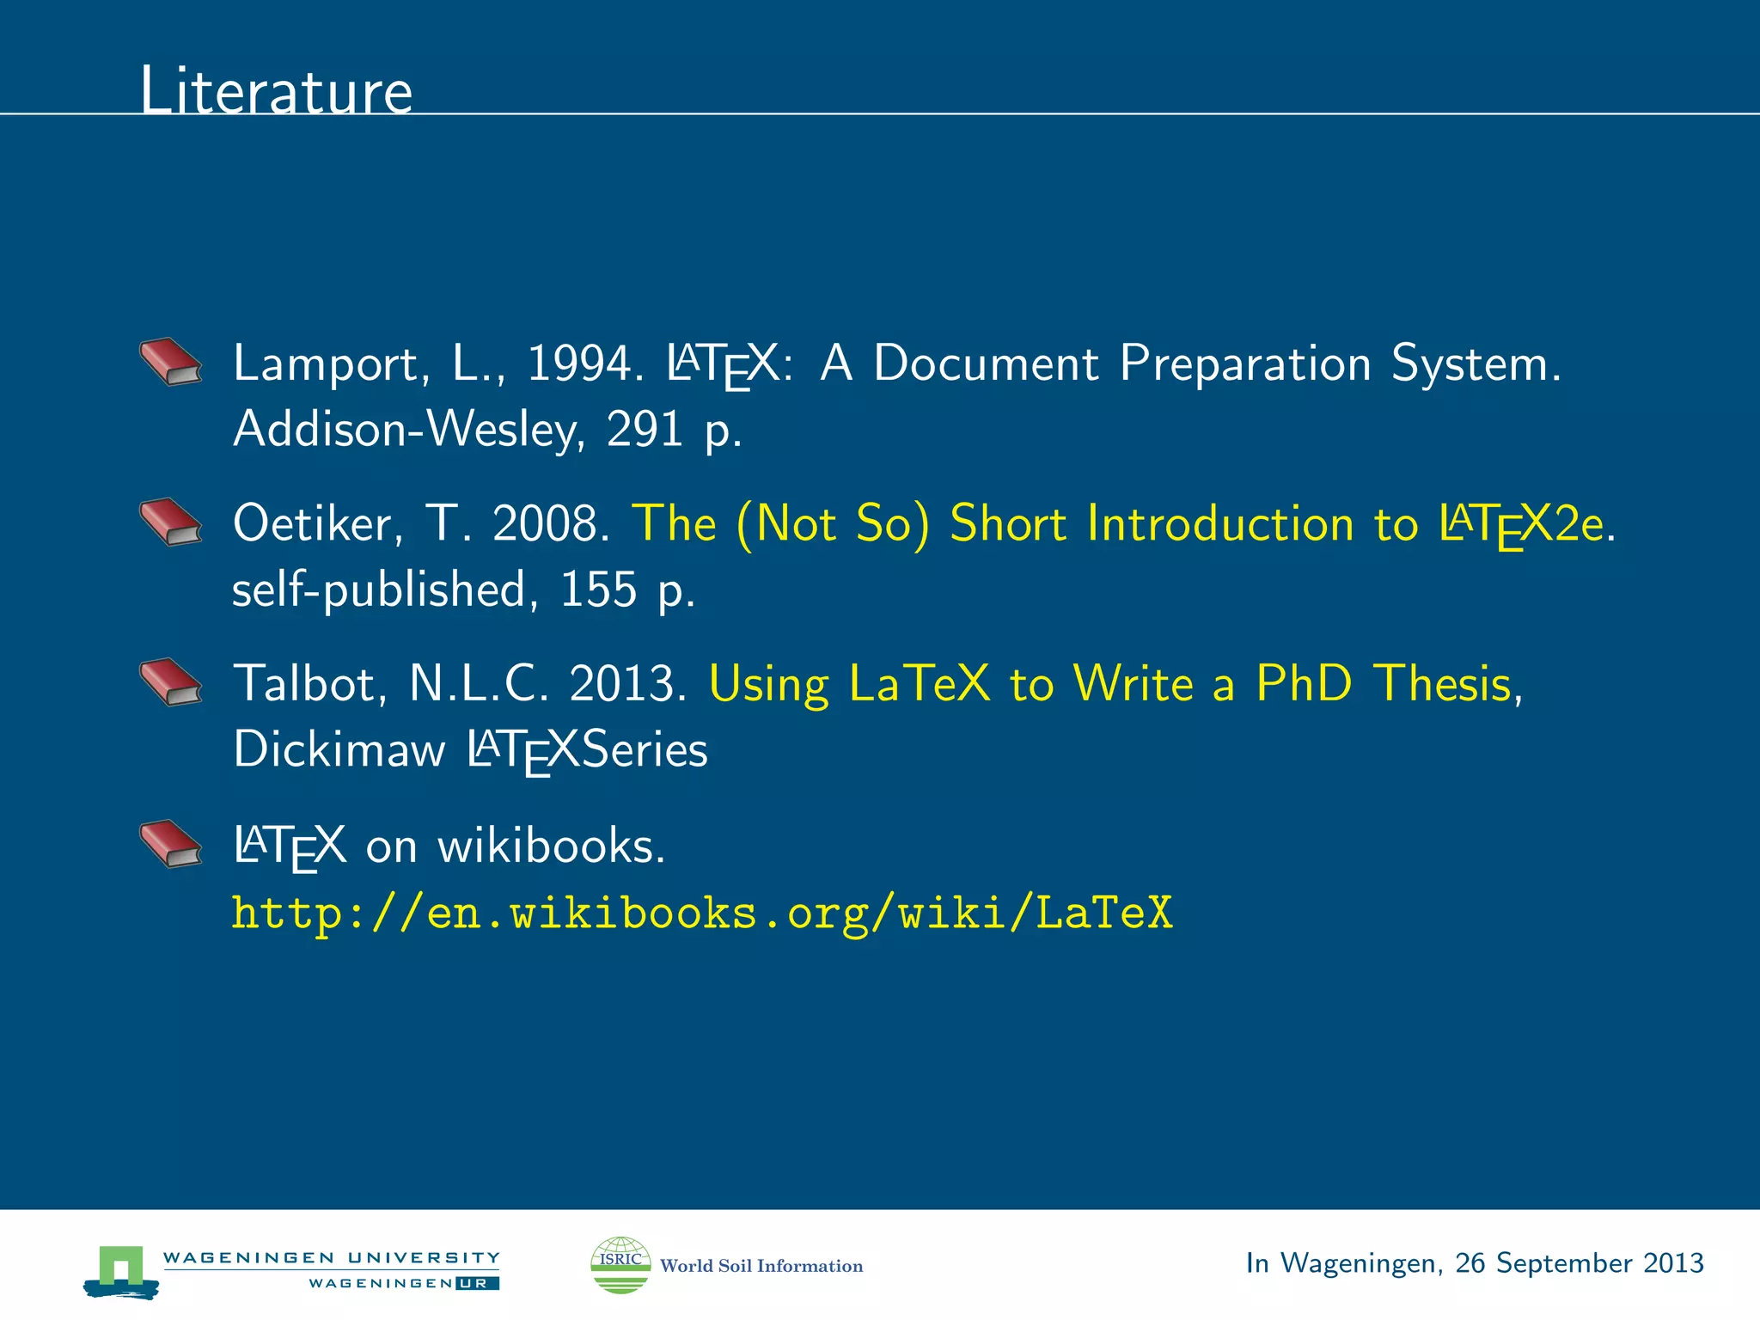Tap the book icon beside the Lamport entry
pyautogui.click(x=171, y=362)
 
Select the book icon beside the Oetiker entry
pyautogui.click(x=171, y=522)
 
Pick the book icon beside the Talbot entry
pyautogui.click(x=171, y=682)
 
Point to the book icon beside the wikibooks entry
pyautogui.click(x=171, y=844)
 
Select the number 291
pyautogui.click(x=645, y=429)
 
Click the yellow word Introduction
pyautogui.click(x=1220, y=523)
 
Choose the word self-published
pyautogui.click(x=379, y=590)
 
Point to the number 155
pyautogui.click(x=598, y=590)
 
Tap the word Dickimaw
pyautogui.click(x=339, y=749)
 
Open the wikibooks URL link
pyautogui.click(x=702, y=913)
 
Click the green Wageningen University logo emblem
pyautogui.click(x=121, y=1269)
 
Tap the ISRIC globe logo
pyautogui.click(x=620, y=1264)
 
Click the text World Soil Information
pyautogui.click(x=761, y=1266)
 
